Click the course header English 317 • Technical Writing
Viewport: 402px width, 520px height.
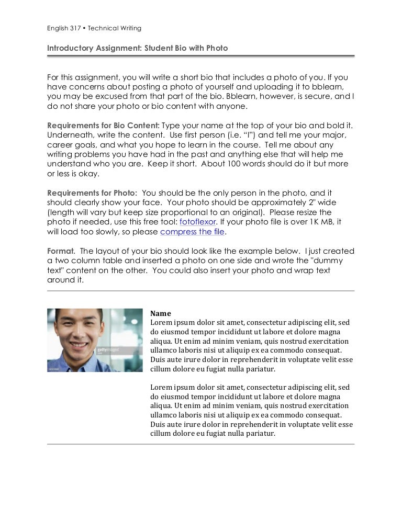(94, 28)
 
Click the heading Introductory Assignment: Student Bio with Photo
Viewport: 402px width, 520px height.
(137, 48)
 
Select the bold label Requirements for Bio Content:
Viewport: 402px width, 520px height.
(103, 126)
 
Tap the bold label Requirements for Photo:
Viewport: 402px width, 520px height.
(92, 193)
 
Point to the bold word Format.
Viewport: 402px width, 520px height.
(61, 251)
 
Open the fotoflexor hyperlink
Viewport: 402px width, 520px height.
(197, 222)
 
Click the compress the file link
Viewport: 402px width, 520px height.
(193, 232)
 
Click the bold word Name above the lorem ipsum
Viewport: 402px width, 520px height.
(160, 313)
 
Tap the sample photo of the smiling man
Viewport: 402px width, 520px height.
(95, 340)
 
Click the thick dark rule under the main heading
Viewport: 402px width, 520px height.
(200, 55)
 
